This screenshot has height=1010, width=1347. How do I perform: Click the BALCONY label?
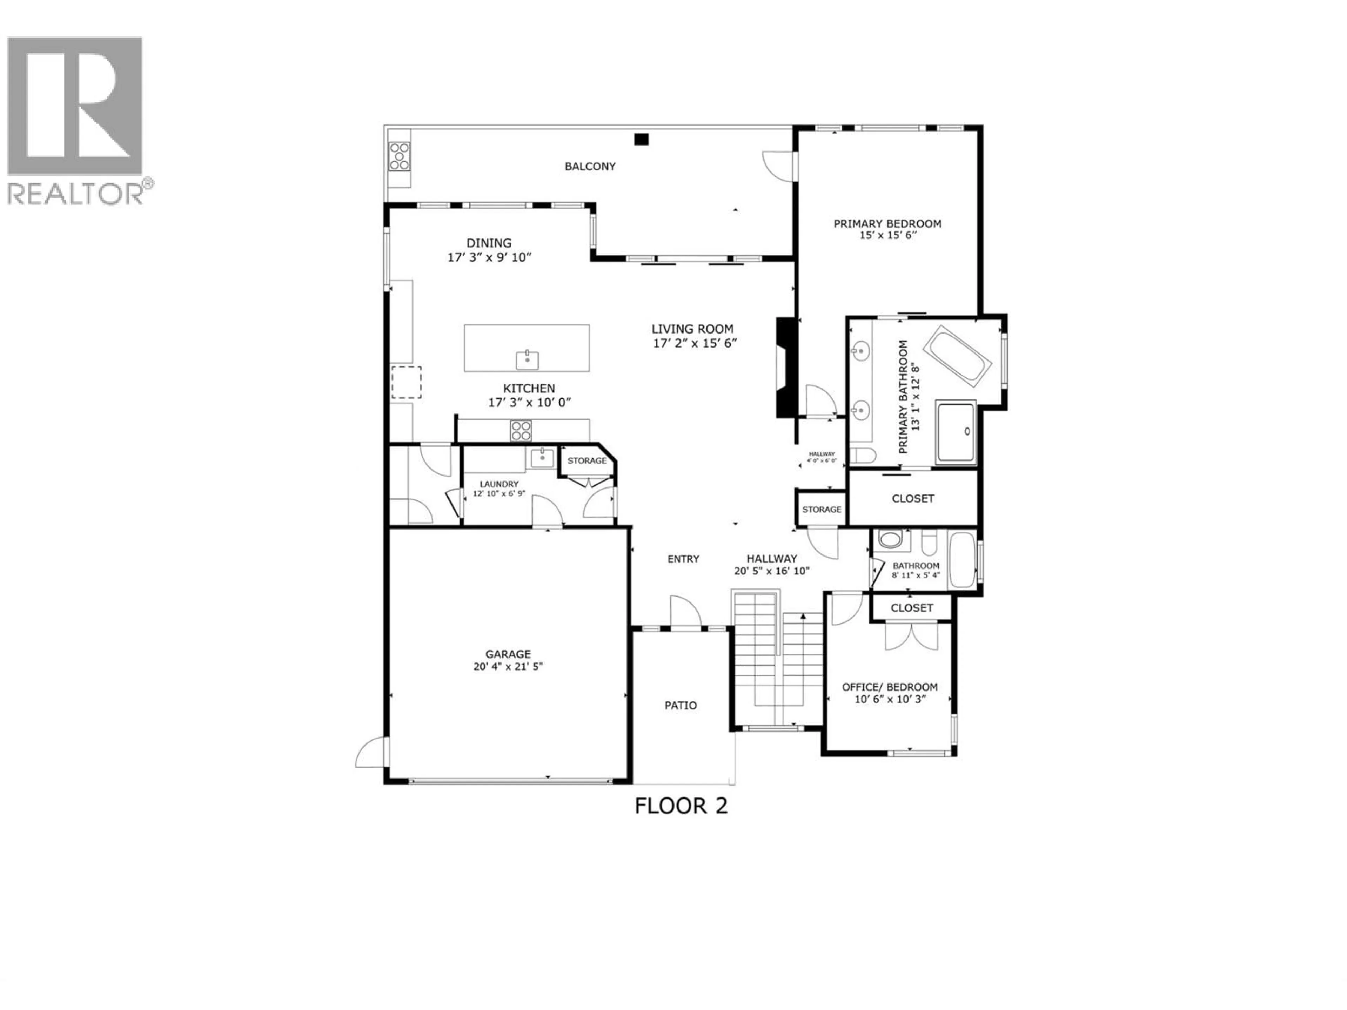click(589, 166)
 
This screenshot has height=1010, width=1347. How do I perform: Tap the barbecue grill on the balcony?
click(400, 156)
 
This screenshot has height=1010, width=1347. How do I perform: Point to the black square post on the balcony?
click(641, 140)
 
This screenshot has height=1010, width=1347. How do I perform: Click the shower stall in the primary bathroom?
click(956, 431)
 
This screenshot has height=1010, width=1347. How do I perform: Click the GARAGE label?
click(508, 654)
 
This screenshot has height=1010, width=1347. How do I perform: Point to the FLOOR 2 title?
click(681, 806)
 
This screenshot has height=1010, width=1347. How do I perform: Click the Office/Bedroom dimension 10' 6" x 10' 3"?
click(890, 700)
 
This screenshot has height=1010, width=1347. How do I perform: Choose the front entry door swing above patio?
click(685, 611)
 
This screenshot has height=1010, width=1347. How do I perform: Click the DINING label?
click(489, 243)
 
